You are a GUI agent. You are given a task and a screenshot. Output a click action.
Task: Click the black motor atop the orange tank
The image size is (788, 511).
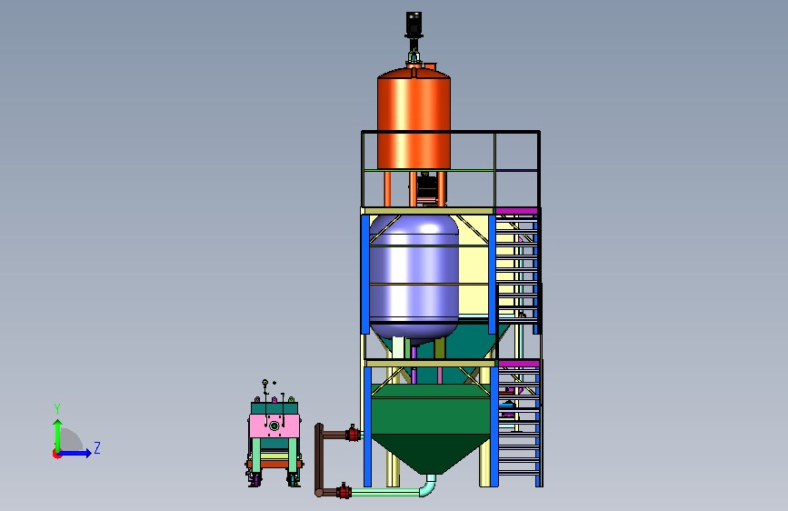tap(414, 25)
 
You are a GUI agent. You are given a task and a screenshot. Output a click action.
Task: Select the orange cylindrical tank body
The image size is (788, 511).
tap(414, 120)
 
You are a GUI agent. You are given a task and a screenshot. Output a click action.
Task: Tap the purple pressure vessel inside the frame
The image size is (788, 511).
tap(414, 277)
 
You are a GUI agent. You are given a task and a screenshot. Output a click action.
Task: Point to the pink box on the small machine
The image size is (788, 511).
tap(274, 426)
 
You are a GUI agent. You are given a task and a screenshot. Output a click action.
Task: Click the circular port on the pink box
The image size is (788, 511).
tap(274, 426)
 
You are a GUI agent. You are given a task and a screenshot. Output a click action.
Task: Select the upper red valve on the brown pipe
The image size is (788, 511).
tap(353, 433)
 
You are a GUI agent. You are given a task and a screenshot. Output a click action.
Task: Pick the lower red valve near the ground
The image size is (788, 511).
tap(344, 491)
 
